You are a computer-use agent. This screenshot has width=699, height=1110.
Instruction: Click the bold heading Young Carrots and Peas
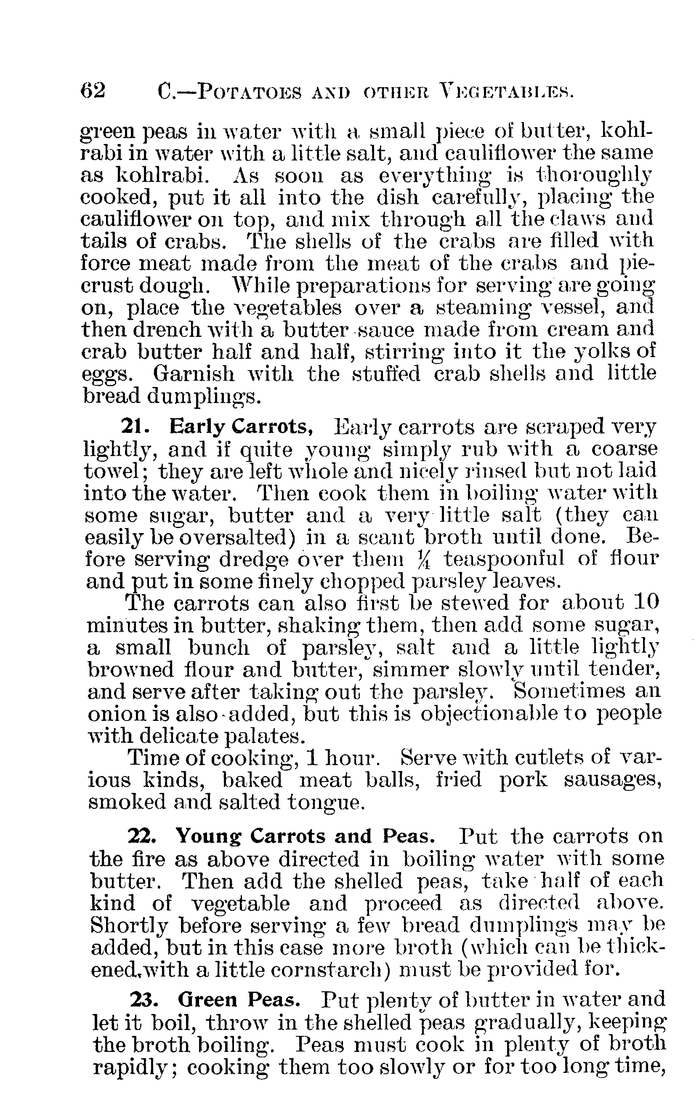pyautogui.click(x=306, y=836)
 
